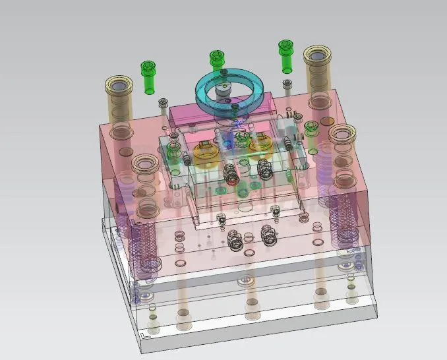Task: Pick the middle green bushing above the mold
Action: (x=216, y=60)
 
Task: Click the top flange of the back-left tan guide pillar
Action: (x=119, y=86)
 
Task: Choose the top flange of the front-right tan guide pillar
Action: (x=342, y=135)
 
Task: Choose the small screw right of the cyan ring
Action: (x=287, y=84)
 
